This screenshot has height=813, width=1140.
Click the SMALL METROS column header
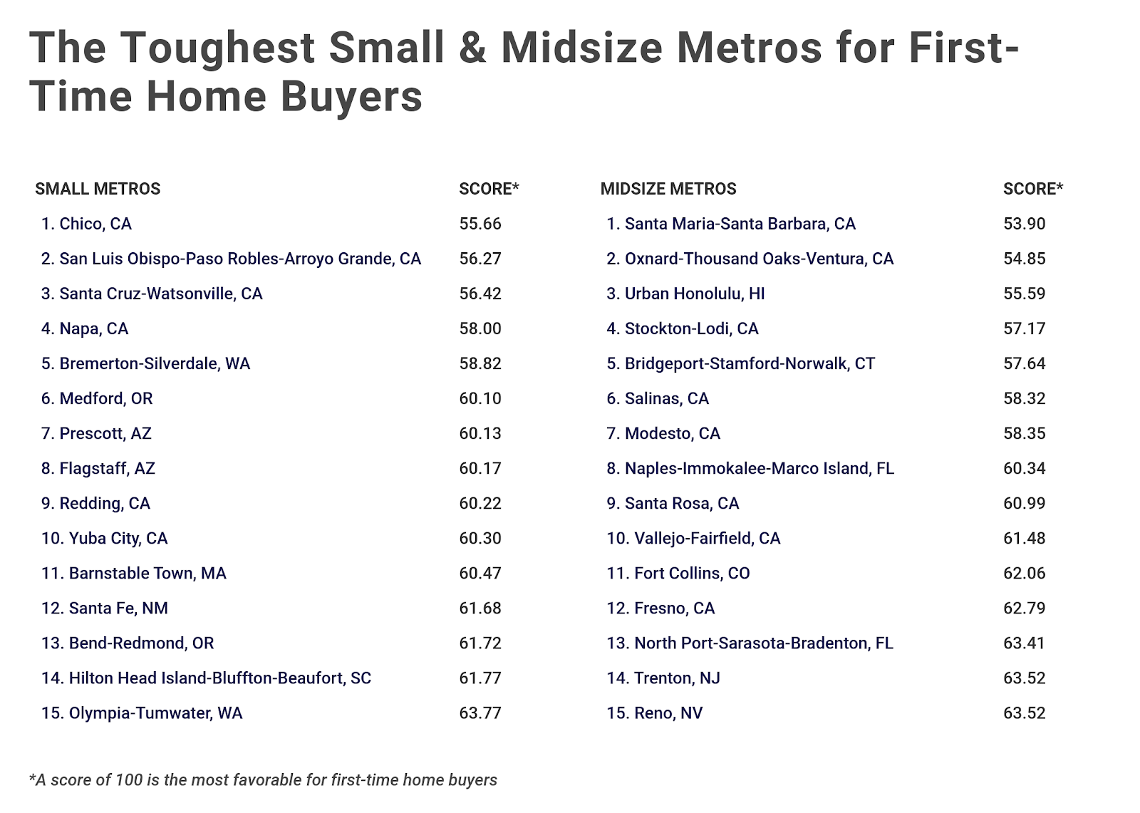tap(98, 189)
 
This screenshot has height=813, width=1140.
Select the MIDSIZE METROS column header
tap(668, 189)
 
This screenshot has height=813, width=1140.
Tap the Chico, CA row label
tap(86, 224)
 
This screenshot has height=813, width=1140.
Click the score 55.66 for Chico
tap(480, 224)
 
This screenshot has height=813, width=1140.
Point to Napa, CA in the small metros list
tap(85, 328)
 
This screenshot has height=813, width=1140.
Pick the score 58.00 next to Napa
tap(480, 328)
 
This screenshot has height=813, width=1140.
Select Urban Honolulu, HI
tap(685, 294)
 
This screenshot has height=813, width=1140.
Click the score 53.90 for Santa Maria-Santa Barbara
tap(1024, 224)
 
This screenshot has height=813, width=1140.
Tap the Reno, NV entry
tap(654, 713)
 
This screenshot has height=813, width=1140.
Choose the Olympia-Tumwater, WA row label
tap(142, 713)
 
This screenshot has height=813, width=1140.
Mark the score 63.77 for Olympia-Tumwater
tap(480, 713)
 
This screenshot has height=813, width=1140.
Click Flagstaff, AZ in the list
tap(98, 468)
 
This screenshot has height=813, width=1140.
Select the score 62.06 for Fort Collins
tap(1024, 573)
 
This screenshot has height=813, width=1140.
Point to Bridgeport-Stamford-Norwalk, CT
tap(740, 363)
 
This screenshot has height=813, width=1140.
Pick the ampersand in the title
tap(472, 48)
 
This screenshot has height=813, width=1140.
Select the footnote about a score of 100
tap(263, 780)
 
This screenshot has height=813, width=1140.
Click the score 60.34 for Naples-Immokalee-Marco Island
tap(1024, 468)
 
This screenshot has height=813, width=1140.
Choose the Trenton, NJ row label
tap(663, 678)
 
